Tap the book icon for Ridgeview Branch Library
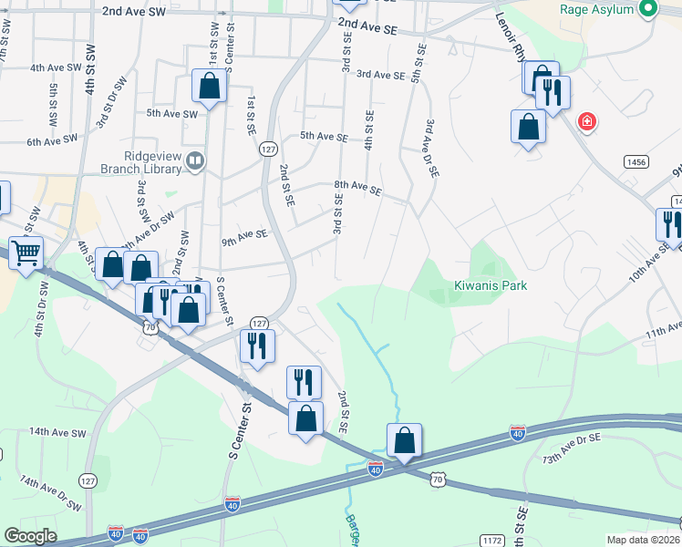(x=194, y=162)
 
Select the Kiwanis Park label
(x=491, y=285)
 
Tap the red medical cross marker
(x=586, y=121)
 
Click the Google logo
(x=30, y=536)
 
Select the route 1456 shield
(x=636, y=161)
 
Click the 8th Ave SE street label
(x=357, y=189)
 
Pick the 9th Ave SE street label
(x=244, y=236)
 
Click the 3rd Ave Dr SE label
(x=430, y=147)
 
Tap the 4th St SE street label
(x=369, y=130)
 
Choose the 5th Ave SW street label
(x=172, y=114)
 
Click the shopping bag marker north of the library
(x=210, y=88)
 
